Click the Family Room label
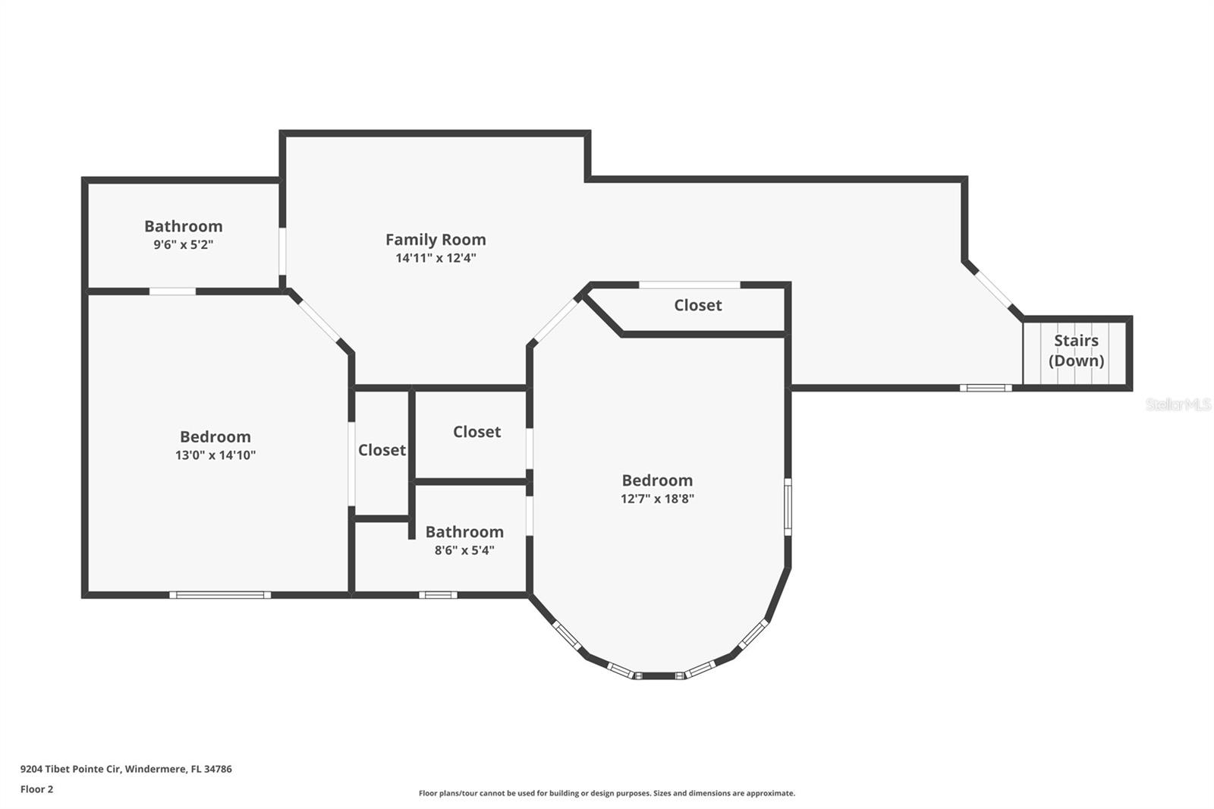click(436, 240)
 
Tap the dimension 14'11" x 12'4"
click(436, 258)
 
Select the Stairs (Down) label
click(1076, 351)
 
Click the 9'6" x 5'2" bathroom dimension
click(183, 245)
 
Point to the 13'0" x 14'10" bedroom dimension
click(215, 455)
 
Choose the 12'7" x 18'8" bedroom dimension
click(657, 499)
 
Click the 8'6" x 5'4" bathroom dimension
click(464, 550)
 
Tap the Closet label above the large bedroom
click(697, 305)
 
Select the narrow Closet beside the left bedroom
click(382, 450)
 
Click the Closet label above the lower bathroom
click(476, 432)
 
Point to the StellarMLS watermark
click(1178, 404)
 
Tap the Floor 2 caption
click(36, 789)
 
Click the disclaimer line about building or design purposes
click(606, 793)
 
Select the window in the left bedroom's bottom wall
click(220, 595)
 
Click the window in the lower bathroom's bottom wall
click(438, 595)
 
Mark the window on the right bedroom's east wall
click(788, 507)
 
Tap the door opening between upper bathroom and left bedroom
click(172, 291)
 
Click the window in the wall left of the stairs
click(985, 388)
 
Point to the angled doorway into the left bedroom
click(318, 320)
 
